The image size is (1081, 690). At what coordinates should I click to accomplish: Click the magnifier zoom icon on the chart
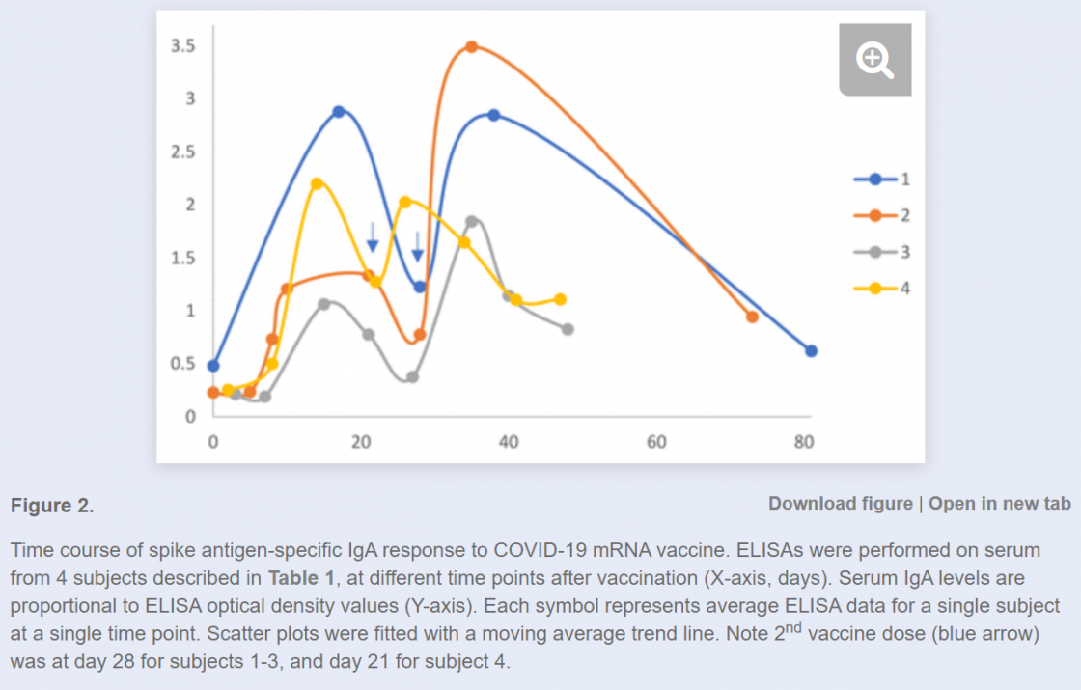click(875, 60)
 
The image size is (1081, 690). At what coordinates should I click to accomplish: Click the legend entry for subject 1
click(880, 179)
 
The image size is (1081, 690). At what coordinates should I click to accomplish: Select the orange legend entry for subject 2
click(880, 215)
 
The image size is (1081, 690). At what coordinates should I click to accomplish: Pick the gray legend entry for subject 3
click(880, 252)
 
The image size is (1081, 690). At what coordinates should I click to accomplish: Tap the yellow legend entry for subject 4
click(880, 288)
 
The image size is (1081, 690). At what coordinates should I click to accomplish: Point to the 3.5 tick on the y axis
click(183, 46)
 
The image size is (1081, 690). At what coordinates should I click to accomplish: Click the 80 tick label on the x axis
click(804, 442)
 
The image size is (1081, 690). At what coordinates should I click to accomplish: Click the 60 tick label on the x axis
click(656, 442)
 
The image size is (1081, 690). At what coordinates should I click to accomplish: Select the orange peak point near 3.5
click(472, 46)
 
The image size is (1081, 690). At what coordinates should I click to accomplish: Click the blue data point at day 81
click(812, 350)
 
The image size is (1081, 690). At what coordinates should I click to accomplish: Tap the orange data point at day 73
click(752, 317)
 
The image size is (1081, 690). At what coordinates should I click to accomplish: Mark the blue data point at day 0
click(213, 366)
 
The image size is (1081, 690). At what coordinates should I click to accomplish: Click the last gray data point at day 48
click(568, 329)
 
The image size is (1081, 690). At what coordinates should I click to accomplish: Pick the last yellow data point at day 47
click(560, 299)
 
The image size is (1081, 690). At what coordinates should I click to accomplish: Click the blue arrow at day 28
click(418, 247)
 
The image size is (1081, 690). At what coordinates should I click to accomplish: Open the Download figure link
click(840, 503)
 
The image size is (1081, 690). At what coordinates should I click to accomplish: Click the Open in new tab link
click(1000, 503)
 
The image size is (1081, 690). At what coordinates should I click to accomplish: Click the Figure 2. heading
click(52, 506)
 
